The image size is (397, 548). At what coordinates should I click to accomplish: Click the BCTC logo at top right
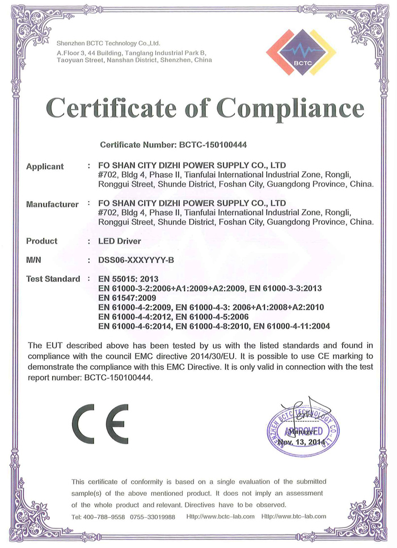[x=301, y=52]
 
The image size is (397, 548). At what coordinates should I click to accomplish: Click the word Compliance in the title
[x=290, y=107]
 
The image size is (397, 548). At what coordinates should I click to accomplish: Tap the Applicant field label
[x=45, y=167]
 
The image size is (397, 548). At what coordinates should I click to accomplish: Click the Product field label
[x=41, y=241]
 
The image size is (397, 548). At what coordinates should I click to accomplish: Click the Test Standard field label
[x=53, y=279]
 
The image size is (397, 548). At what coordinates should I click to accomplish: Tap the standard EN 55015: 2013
[x=128, y=279]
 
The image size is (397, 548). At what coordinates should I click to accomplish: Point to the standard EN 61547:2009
[x=126, y=298]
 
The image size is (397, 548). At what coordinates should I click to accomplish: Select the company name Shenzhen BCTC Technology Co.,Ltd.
[x=108, y=43]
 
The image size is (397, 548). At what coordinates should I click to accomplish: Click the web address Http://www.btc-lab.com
[x=294, y=517]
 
